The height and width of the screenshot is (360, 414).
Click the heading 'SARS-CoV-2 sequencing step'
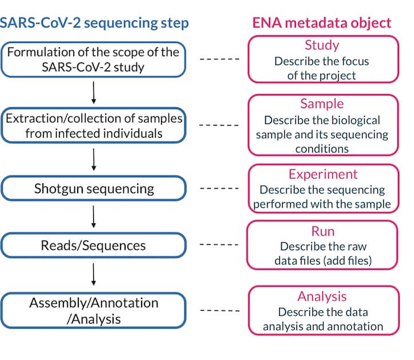coord(94,23)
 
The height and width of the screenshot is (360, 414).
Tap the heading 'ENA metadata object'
coord(322,23)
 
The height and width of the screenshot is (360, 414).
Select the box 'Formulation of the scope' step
coord(94,59)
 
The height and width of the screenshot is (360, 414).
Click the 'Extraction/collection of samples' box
coord(94,125)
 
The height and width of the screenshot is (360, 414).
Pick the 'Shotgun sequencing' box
coord(94,188)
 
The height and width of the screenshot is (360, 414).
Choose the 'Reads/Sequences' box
coord(94,246)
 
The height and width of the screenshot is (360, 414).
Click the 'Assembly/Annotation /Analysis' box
coord(94,311)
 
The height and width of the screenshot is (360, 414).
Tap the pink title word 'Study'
coord(322,45)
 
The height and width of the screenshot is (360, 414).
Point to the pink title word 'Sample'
coord(322,103)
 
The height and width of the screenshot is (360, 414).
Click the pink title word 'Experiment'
coord(323,174)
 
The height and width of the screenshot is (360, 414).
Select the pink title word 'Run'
coord(323,231)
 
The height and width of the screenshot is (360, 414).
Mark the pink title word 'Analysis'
coord(323,297)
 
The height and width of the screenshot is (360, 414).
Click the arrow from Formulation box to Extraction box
coord(94,92)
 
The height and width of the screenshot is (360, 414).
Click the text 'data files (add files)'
coord(323,261)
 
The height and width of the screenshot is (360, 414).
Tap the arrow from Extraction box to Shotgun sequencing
coord(94,159)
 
